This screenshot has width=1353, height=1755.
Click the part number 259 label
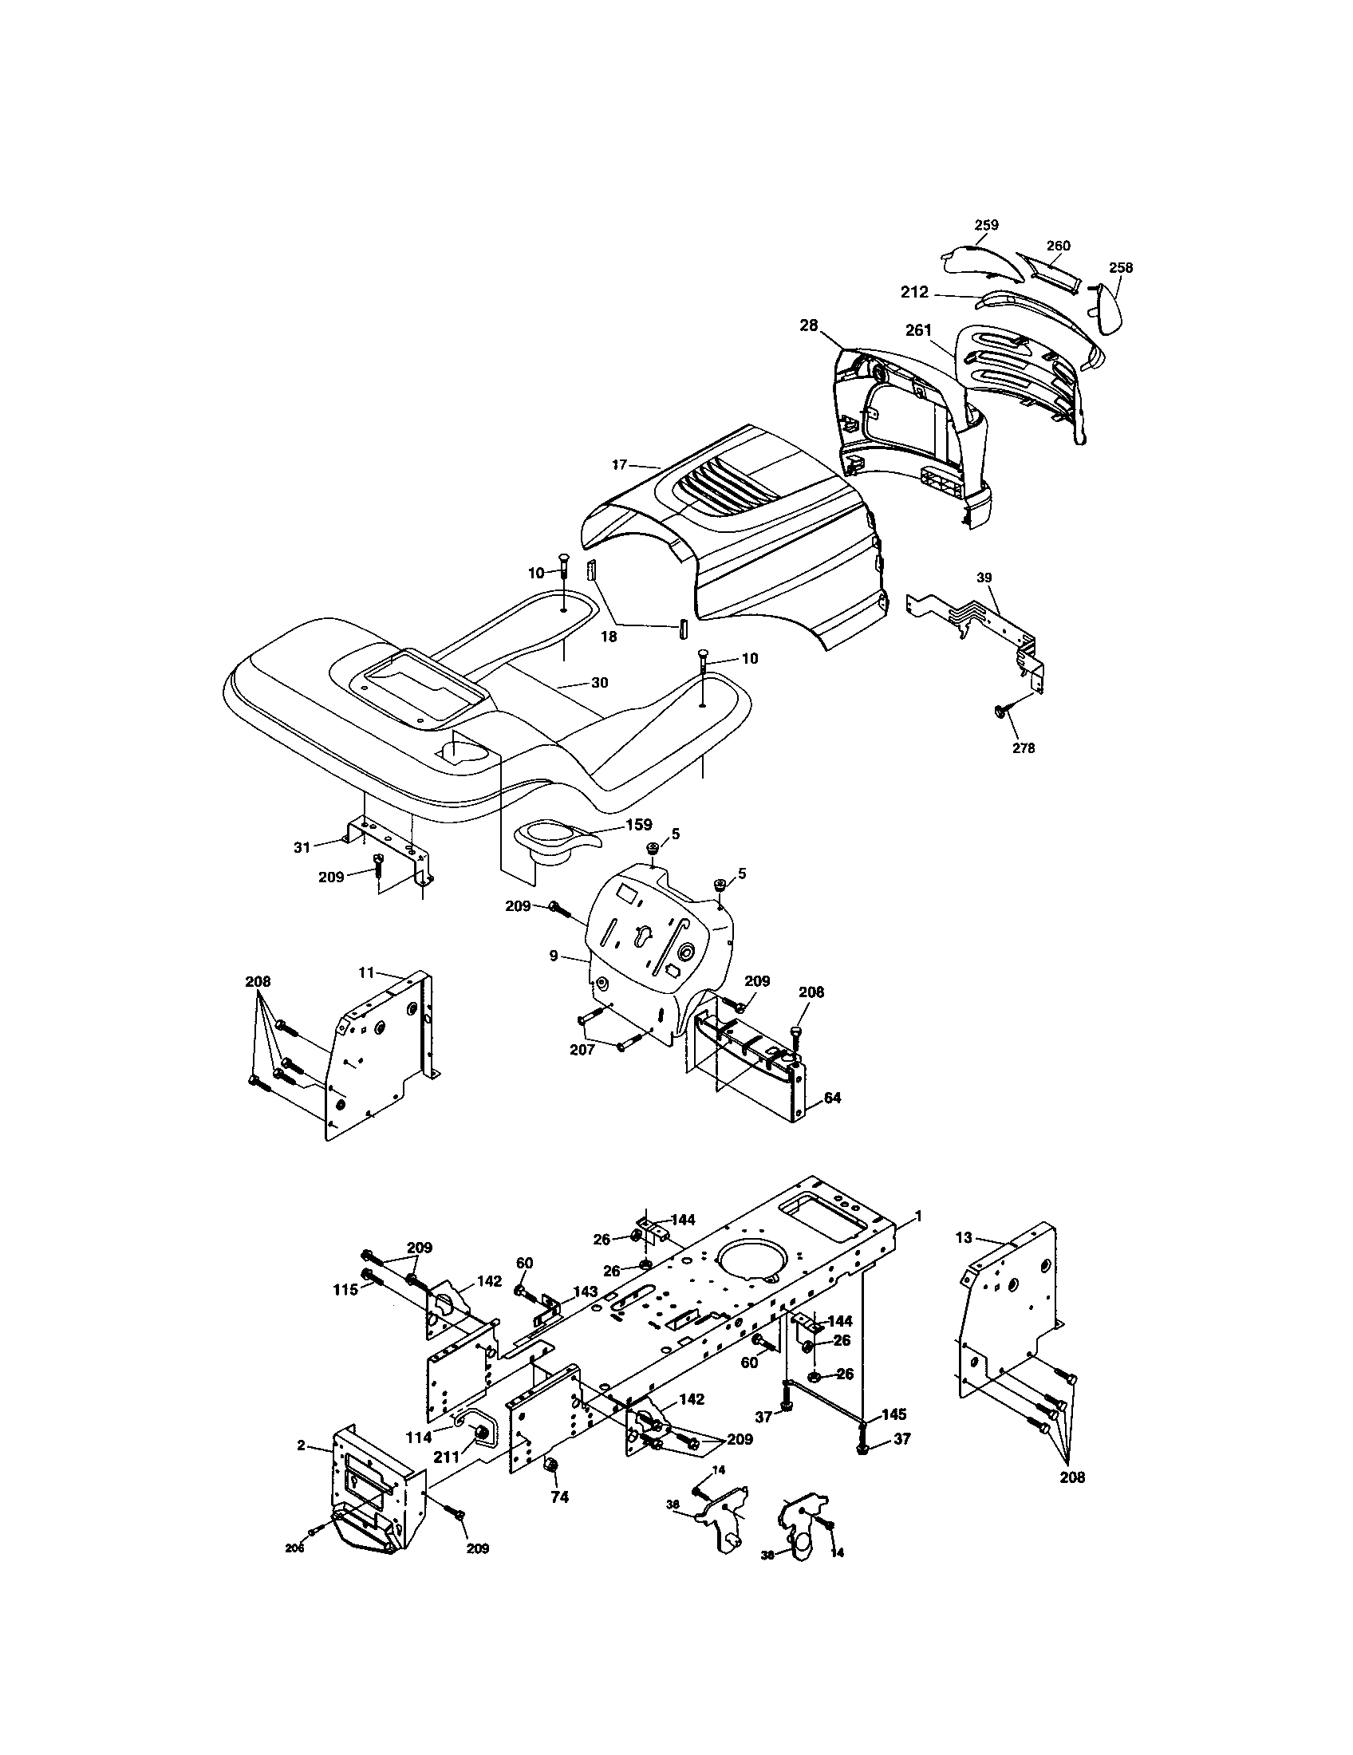986,225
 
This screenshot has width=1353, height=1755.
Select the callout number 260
1058,245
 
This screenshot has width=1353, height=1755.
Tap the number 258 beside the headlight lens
1120,268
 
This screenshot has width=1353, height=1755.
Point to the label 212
914,294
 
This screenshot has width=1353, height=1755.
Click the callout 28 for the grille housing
808,325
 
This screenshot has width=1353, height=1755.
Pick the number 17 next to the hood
618,463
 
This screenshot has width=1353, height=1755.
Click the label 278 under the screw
1024,748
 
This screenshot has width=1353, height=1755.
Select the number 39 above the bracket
984,578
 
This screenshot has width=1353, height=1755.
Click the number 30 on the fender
599,682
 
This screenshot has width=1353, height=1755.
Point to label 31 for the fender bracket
302,847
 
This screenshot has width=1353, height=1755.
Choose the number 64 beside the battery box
832,1098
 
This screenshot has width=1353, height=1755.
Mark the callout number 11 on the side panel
366,972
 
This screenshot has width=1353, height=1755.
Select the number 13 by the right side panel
964,1238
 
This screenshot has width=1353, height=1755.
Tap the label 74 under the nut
559,1498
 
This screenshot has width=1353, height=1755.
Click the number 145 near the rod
895,1414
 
